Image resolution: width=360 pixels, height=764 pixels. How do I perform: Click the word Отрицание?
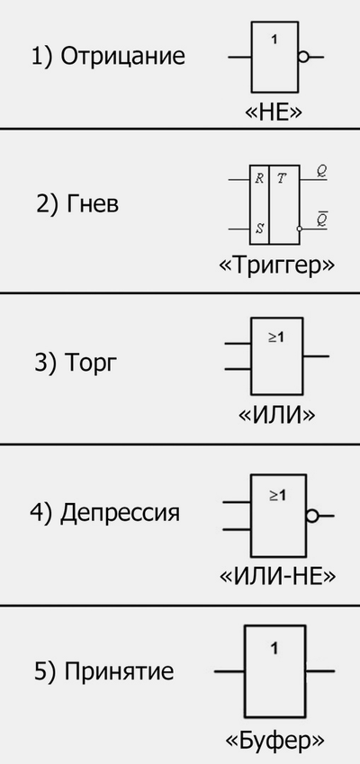(122, 57)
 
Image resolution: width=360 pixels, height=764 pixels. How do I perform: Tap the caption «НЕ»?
(274, 112)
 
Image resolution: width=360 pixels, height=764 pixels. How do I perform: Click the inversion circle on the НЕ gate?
(303, 57)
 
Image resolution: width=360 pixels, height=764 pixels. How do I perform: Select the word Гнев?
(92, 204)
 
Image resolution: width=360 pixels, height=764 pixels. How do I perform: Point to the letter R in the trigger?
(259, 179)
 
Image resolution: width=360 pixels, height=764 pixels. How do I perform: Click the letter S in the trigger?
(259, 229)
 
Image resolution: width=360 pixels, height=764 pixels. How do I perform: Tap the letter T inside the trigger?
(282, 179)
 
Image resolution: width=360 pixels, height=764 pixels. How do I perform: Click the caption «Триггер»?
(277, 266)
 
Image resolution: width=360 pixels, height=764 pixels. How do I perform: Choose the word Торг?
(91, 364)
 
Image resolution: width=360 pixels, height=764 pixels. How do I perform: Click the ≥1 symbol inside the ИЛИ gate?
(276, 337)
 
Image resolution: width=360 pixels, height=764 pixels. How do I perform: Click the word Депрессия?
(120, 513)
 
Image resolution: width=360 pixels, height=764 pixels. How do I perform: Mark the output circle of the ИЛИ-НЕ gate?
(312, 516)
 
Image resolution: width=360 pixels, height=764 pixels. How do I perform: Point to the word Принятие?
(119, 672)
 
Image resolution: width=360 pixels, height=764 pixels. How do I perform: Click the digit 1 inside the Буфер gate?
(274, 649)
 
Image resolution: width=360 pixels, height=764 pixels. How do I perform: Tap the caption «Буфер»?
(274, 742)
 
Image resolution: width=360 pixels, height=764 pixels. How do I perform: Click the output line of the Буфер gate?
(320, 671)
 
